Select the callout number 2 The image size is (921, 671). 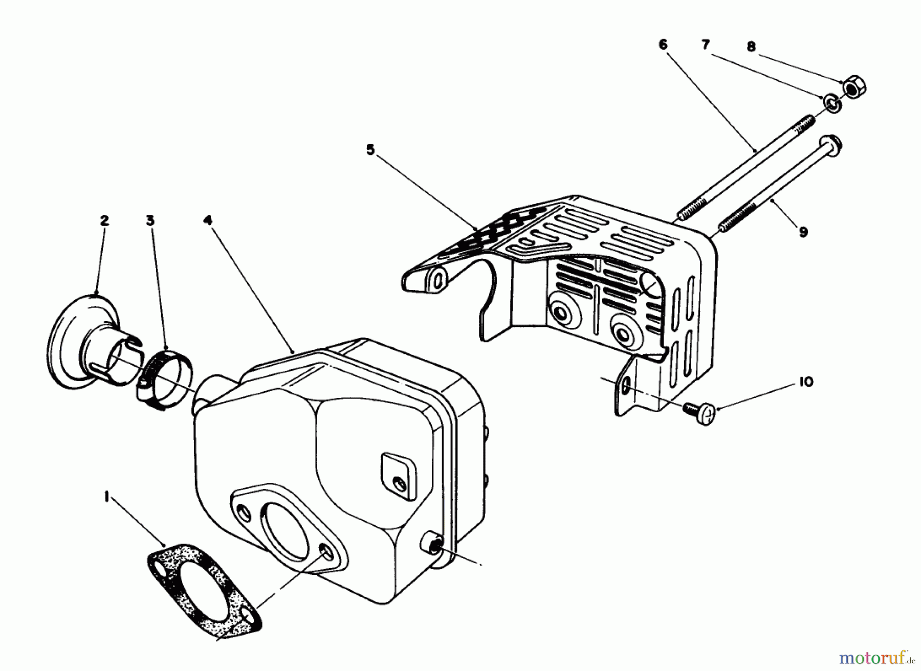point(104,221)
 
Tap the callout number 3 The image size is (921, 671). point(149,221)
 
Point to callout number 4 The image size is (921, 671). point(207,221)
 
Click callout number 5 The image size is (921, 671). point(370,150)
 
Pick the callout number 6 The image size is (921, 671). point(663,45)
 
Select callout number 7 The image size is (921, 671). point(706,45)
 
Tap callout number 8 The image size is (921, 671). point(751,47)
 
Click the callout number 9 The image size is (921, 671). point(803,232)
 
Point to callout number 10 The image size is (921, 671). point(806,382)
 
